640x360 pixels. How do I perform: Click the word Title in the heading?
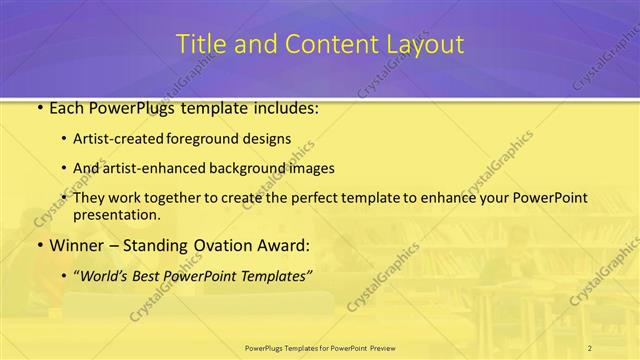pos(200,45)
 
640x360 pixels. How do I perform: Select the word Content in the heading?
pos(320,45)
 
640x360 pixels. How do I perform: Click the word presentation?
pos(116,214)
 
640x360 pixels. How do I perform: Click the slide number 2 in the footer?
pos(589,347)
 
